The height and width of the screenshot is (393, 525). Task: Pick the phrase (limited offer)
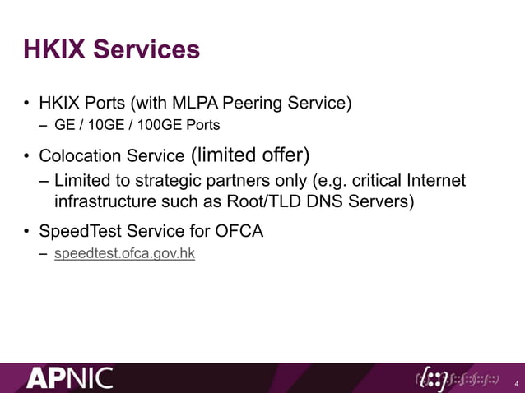(x=249, y=155)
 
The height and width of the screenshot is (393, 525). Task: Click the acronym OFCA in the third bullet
(x=239, y=231)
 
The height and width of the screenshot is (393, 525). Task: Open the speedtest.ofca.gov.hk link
(x=124, y=253)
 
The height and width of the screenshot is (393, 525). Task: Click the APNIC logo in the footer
(x=69, y=378)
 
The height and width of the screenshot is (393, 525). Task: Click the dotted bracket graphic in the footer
(x=457, y=378)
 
